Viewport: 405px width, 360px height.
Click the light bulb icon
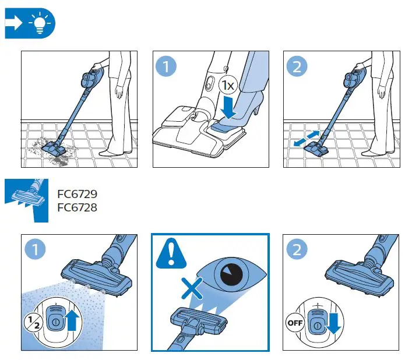[x=40, y=23]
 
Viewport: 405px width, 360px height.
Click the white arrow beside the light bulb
[x=13, y=23]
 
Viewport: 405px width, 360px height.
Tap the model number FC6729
[x=78, y=194]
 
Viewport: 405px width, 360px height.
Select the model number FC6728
[x=78, y=207]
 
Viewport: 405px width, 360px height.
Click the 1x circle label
[x=228, y=85]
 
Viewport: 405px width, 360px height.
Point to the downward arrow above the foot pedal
[x=228, y=107]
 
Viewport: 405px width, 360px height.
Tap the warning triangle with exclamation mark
[x=171, y=253]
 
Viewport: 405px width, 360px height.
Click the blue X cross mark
[x=192, y=288]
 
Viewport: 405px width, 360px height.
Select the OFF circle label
[x=295, y=323]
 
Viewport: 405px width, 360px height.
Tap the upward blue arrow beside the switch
[x=72, y=320]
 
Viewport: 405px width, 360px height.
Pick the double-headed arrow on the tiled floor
[x=307, y=139]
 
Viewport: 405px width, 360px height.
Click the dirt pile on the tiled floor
[x=49, y=152]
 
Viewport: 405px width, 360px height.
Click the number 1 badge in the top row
[x=166, y=66]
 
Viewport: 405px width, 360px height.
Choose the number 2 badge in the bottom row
[x=297, y=250]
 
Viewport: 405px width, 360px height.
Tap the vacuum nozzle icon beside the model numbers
[x=27, y=200]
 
